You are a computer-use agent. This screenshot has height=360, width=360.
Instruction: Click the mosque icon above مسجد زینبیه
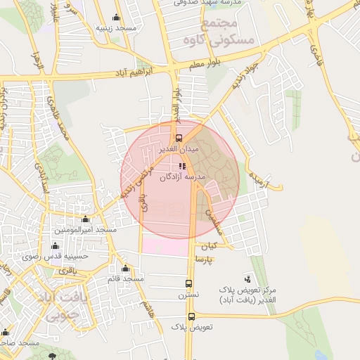pyautogui.click(x=116, y=18)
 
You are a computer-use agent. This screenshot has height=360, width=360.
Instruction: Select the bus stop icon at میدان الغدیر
pyautogui.click(x=179, y=138)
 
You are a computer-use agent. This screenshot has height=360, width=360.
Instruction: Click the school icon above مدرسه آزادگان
pyautogui.click(x=183, y=167)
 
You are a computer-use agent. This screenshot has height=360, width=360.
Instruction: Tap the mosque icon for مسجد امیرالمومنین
pyautogui.click(x=86, y=220)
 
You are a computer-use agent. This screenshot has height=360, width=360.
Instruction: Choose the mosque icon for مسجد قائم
pyautogui.click(x=125, y=269)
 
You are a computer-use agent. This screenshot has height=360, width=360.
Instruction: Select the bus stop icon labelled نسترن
pyautogui.click(x=188, y=283)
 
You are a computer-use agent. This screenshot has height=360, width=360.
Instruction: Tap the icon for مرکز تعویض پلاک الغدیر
pyautogui.click(x=246, y=279)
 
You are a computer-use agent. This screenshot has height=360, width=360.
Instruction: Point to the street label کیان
pyautogui.click(x=210, y=247)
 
